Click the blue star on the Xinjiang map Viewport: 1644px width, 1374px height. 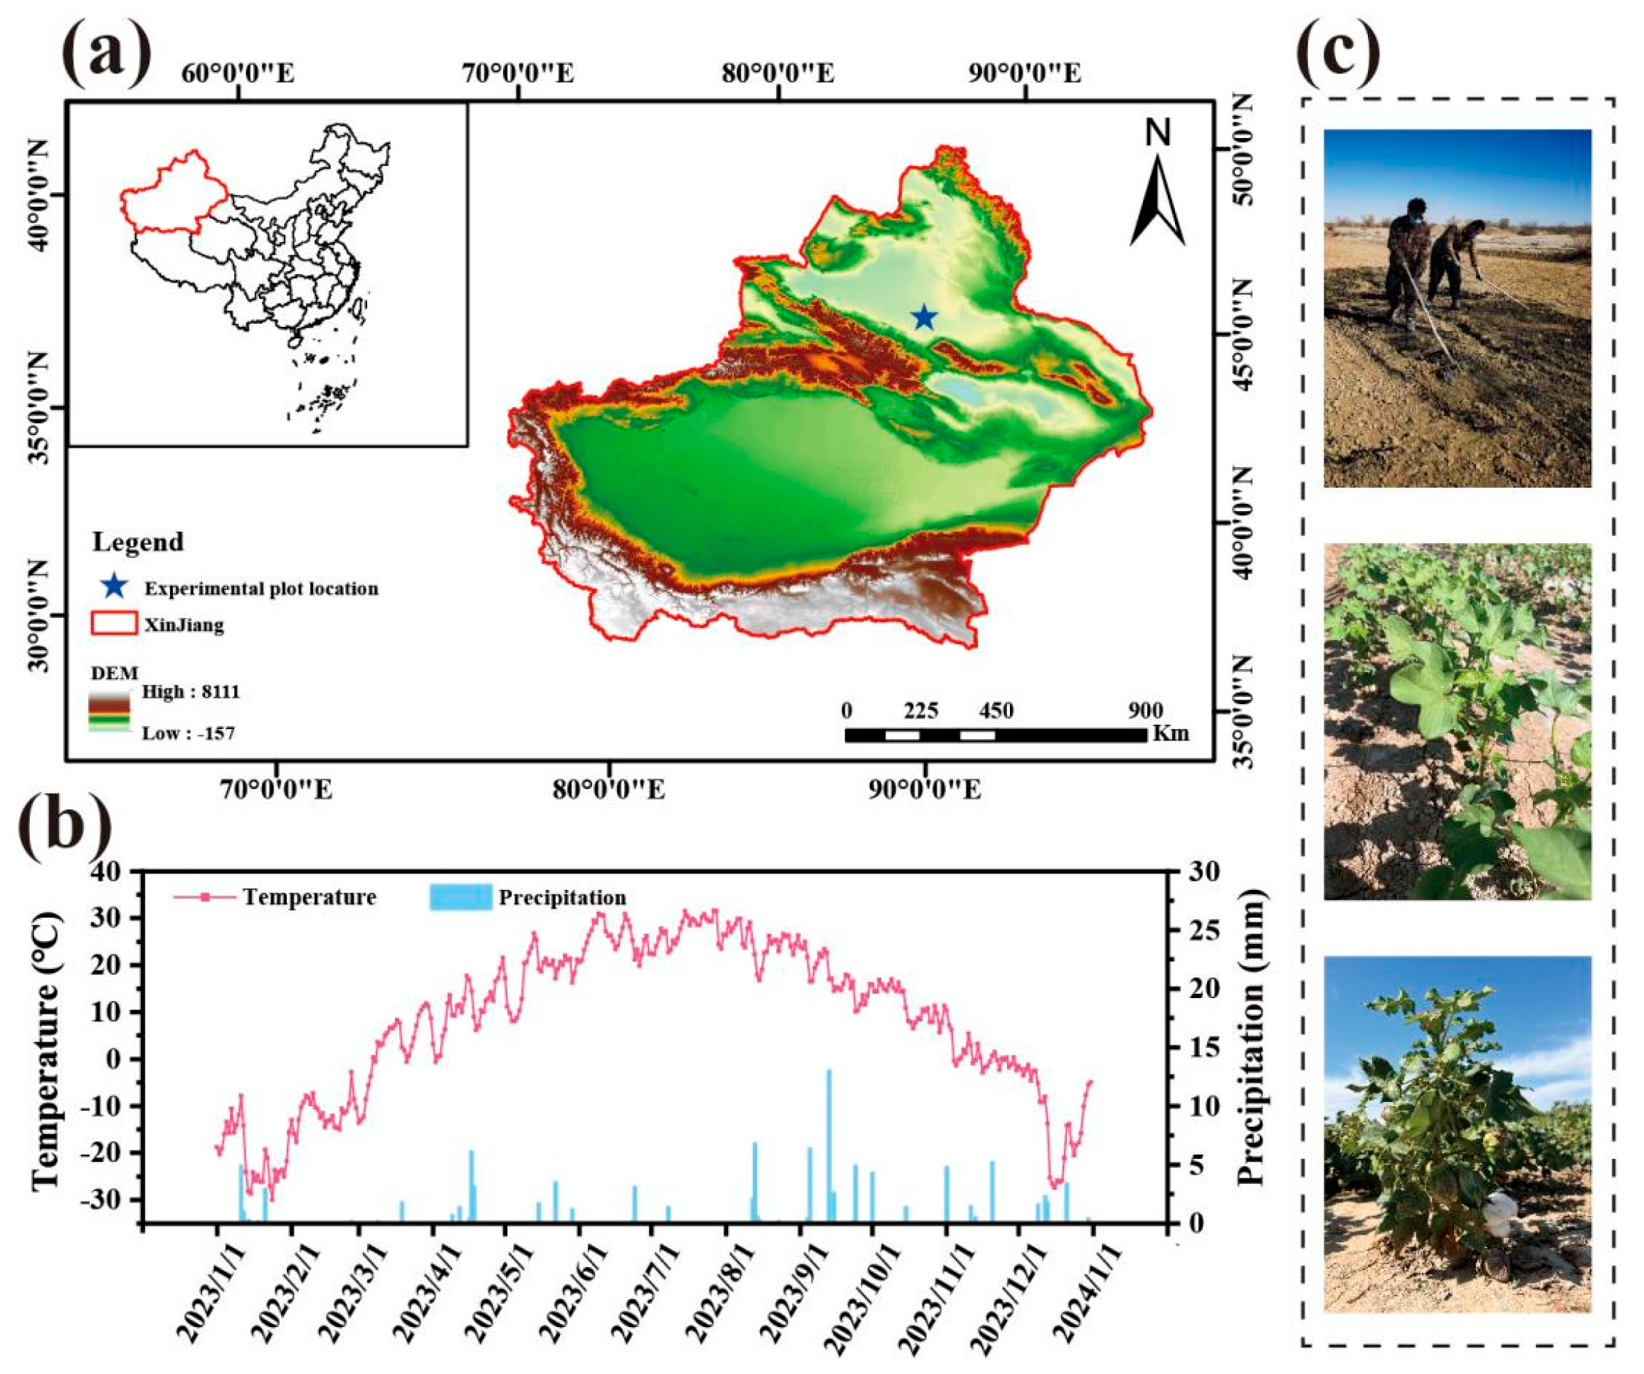pyautogui.click(x=924, y=317)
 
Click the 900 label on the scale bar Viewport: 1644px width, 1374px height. pyautogui.click(x=1145, y=711)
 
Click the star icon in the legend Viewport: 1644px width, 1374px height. pyautogui.click(x=115, y=586)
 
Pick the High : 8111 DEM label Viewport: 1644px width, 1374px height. pyautogui.click(x=190, y=692)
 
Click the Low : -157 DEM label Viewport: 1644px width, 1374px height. pyautogui.click(x=188, y=733)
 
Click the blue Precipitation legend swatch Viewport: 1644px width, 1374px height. pyautogui.click(x=460, y=897)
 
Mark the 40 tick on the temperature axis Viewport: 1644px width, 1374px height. pyautogui.click(x=115, y=871)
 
